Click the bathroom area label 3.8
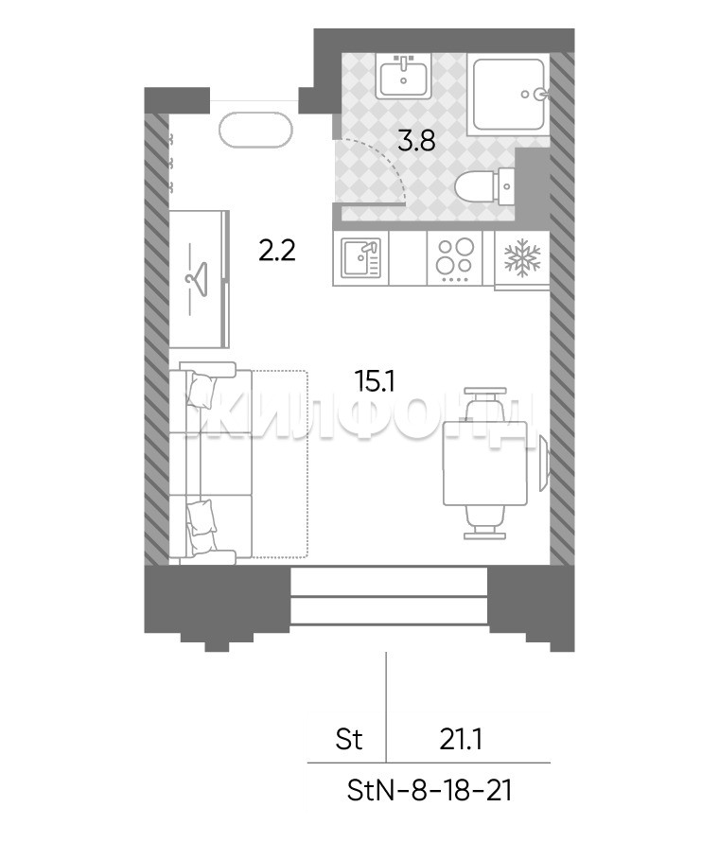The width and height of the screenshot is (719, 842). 416,141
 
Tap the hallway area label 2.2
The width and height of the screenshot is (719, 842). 276,251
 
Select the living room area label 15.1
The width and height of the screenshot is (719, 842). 375,381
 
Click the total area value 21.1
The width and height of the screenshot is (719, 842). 461,740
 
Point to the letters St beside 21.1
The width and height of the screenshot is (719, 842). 349,739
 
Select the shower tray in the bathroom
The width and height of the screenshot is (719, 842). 508,94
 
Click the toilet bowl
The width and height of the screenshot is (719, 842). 484,187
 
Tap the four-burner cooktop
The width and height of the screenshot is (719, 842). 455,257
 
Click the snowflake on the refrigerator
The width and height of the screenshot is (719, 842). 521,257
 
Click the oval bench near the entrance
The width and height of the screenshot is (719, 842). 255,129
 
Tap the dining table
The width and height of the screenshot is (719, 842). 485,464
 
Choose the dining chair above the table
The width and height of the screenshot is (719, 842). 485,404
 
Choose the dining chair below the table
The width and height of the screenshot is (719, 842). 485,522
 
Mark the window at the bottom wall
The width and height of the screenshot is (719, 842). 390,597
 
